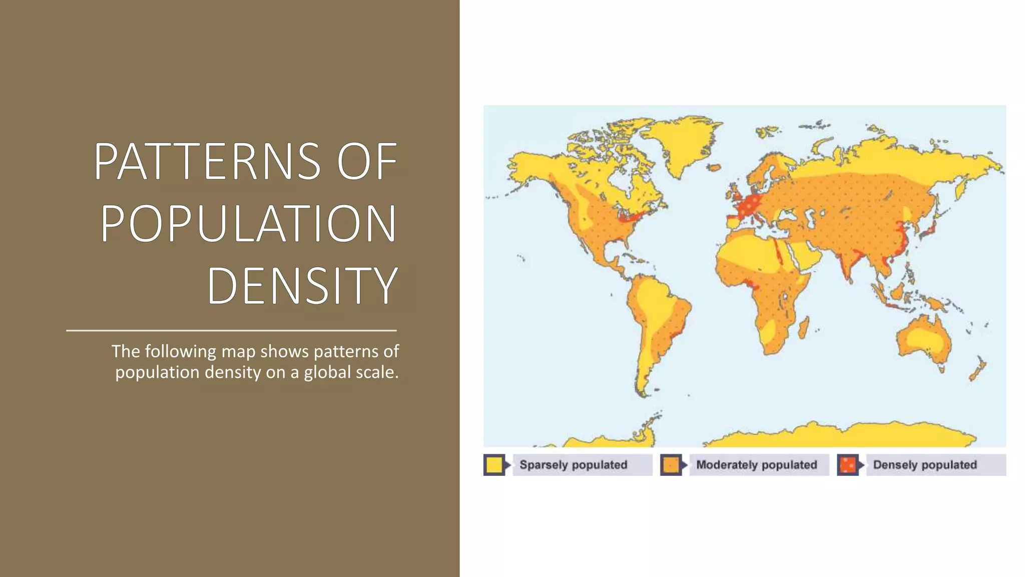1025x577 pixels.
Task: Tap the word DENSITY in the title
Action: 302,285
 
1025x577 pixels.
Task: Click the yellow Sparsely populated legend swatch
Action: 494,465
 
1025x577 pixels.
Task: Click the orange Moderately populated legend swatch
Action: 671,465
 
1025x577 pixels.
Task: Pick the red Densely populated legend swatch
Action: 847,465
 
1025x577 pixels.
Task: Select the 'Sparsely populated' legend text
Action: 573,465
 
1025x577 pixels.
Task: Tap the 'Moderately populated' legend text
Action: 756,465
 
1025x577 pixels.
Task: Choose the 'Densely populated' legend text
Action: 925,465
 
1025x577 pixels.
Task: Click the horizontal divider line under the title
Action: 231,331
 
